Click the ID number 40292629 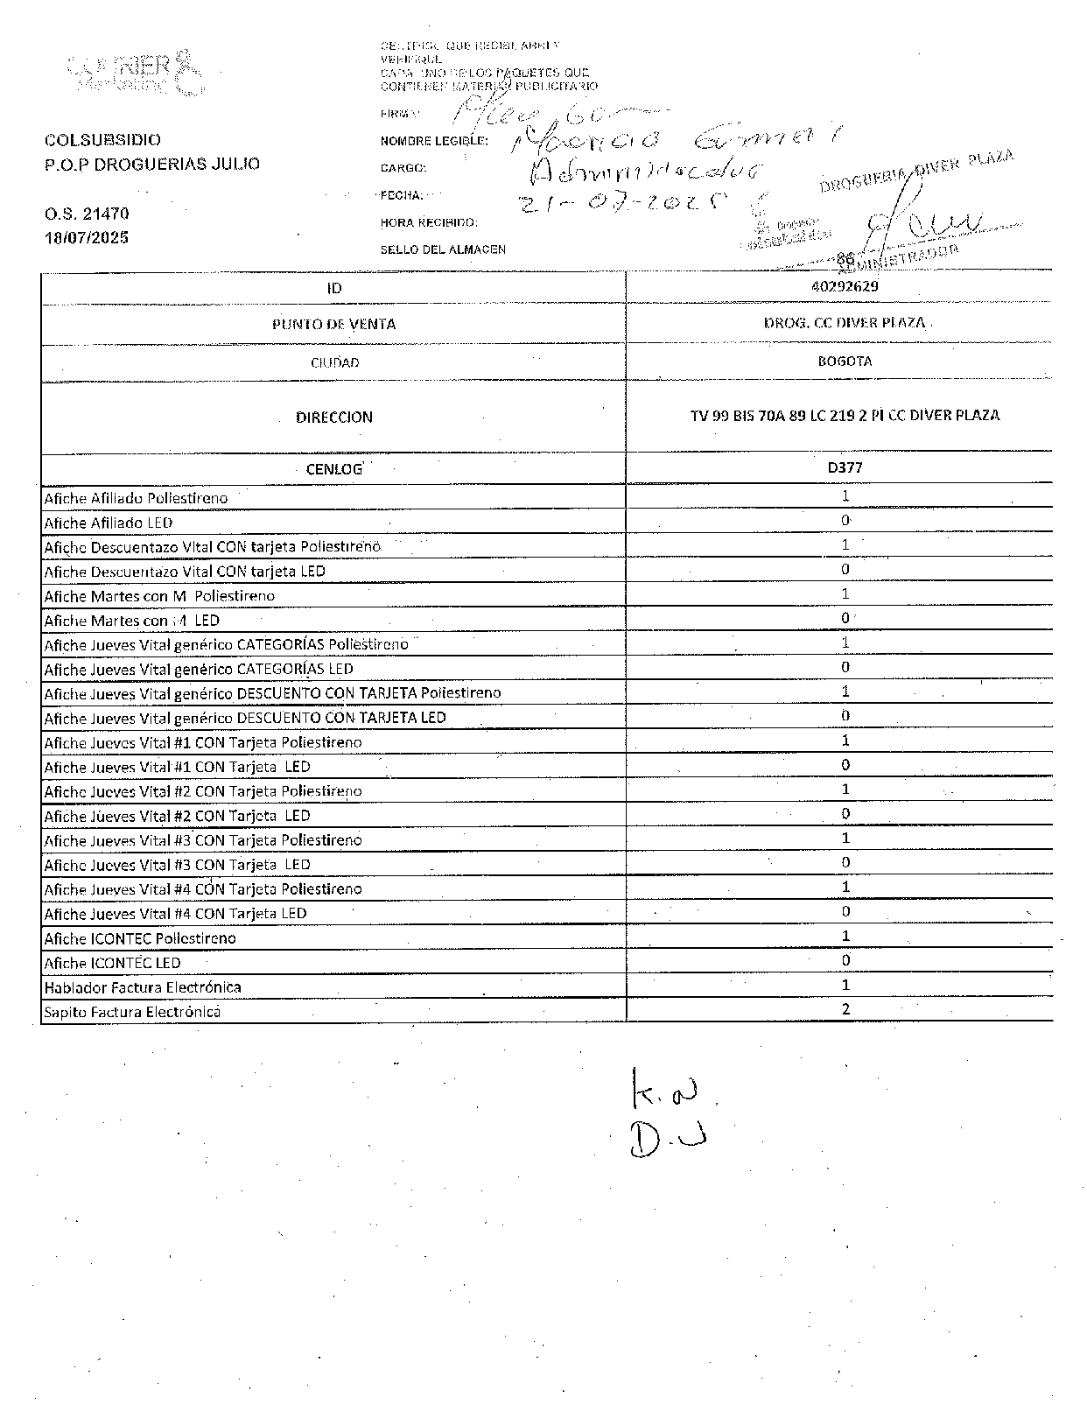coord(845,285)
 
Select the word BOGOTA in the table coord(845,361)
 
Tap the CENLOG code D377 coord(845,467)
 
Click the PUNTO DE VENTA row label coord(333,324)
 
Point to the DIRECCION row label coord(333,418)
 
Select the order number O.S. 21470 coord(87,214)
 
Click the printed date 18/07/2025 coord(87,237)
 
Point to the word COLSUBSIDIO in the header coord(102,140)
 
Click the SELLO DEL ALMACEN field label coord(442,249)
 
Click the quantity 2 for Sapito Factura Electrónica coord(845,1008)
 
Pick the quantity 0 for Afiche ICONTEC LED coord(845,960)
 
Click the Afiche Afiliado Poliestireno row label coord(136,498)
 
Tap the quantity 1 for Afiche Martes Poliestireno coord(845,593)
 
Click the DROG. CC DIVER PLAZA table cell coord(845,322)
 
